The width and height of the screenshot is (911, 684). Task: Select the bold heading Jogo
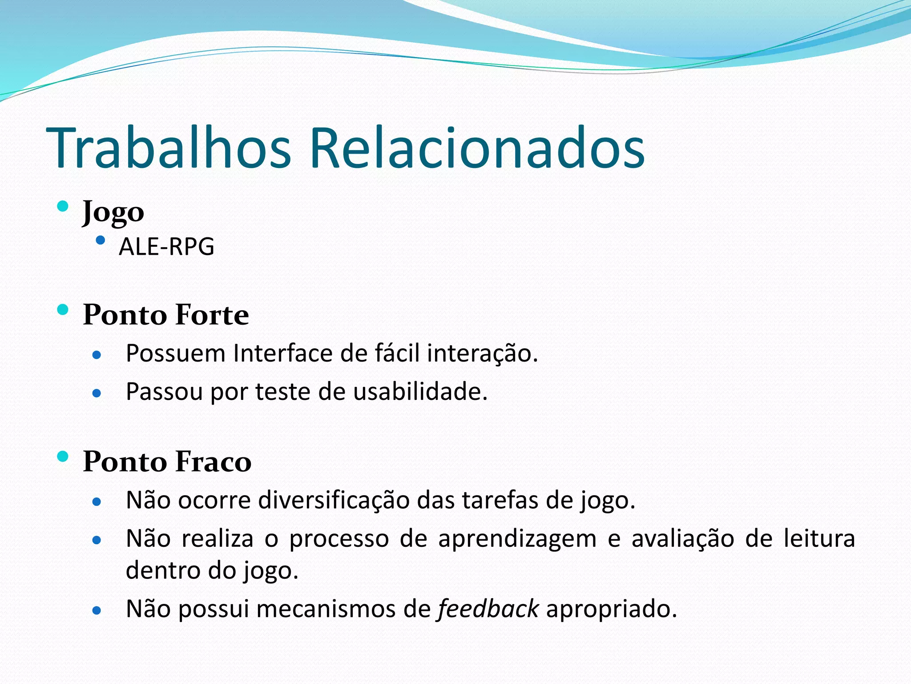click(113, 212)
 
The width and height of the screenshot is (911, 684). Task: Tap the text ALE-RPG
click(166, 247)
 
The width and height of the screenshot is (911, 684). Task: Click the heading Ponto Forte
click(166, 315)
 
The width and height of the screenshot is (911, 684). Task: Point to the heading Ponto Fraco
click(167, 461)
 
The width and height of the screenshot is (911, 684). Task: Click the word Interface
click(283, 353)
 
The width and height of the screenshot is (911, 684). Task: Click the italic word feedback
click(488, 609)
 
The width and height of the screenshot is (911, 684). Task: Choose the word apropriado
click(612, 609)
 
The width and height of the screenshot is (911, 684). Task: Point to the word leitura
click(819, 538)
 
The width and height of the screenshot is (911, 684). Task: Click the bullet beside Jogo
click(63, 206)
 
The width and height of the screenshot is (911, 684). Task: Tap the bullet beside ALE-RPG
click(101, 241)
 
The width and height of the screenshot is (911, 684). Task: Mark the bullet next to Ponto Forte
click(63, 309)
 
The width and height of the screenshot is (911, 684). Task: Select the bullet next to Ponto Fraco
click(63, 456)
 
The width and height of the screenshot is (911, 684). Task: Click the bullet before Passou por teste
click(97, 393)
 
